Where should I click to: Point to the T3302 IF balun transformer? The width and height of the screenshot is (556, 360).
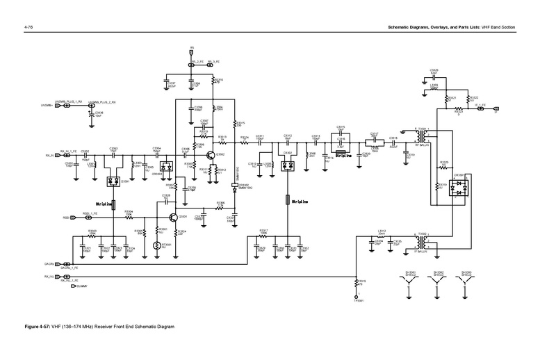(x=422, y=240)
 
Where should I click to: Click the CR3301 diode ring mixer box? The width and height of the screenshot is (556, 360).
(x=456, y=187)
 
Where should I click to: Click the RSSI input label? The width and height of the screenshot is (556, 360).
(x=66, y=218)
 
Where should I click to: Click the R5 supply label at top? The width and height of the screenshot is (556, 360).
(x=192, y=49)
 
